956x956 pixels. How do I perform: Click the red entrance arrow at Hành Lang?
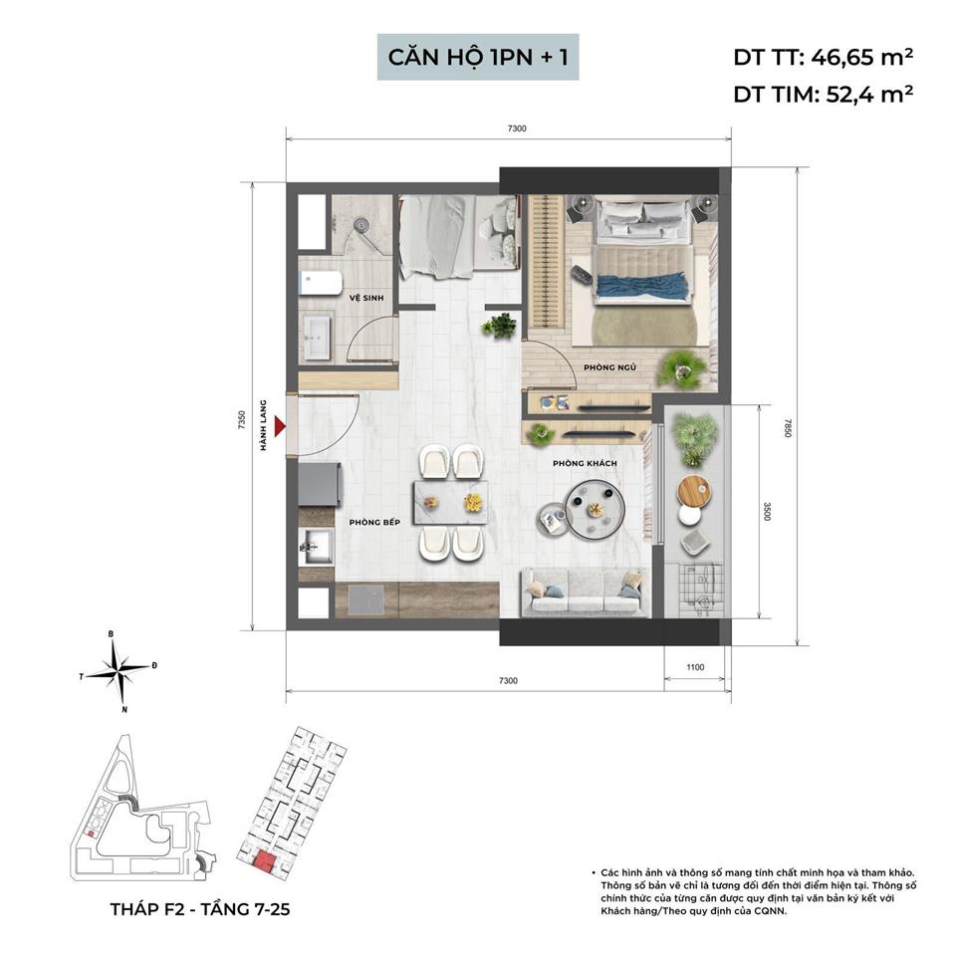(280, 426)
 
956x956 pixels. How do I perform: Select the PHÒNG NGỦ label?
(610, 366)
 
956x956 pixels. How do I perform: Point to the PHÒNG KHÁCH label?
(586, 464)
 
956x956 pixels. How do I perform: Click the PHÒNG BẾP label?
(374, 521)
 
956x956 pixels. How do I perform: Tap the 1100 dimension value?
(695, 667)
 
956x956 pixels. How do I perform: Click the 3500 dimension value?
(767, 511)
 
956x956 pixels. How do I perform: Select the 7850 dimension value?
(787, 428)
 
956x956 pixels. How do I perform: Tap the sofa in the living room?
(586, 593)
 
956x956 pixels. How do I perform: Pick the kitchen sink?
(318, 544)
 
